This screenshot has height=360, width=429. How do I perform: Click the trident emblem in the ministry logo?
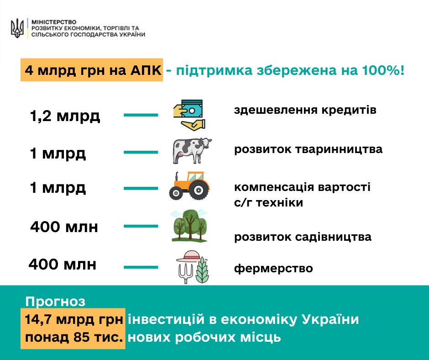tap(17, 28)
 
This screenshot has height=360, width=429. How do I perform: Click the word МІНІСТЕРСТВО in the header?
tap(54, 22)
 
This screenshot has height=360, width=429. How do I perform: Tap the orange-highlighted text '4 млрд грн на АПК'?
tap(93, 70)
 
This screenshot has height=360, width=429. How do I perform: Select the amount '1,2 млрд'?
tap(65, 116)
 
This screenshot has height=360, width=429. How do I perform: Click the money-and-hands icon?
tap(189, 115)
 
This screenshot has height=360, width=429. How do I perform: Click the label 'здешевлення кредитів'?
tap(305, 110)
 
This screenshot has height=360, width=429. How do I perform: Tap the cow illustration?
tap(192, 150)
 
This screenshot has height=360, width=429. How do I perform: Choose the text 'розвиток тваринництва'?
tap(308, 149)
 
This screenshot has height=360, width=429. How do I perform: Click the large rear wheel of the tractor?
tap(199, 190)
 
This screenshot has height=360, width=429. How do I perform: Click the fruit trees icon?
tap(189, 226)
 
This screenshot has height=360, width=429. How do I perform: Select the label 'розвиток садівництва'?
tap(303, 237)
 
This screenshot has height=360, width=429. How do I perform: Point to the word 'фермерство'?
tap(273, 268)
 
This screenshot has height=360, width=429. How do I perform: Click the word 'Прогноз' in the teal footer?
tap(55, 302)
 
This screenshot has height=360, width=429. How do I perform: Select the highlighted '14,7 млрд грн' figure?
tap(73, 319)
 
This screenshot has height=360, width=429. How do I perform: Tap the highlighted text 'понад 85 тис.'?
tap(74, 337)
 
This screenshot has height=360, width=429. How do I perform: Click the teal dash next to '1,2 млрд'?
tap(141, 115)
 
